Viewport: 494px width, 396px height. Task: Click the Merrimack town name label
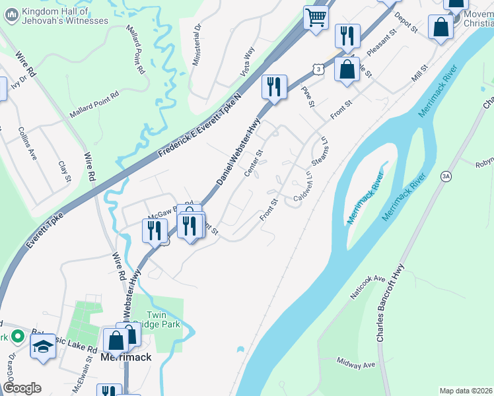click(126, 357)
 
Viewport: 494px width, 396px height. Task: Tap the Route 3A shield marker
click(446, 176)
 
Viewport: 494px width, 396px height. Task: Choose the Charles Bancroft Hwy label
click(389, 302)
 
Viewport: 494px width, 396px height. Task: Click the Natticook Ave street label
click(367, 288)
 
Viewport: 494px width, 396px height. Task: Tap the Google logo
click(22, 388)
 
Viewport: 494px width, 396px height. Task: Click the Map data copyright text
click(466, 391)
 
